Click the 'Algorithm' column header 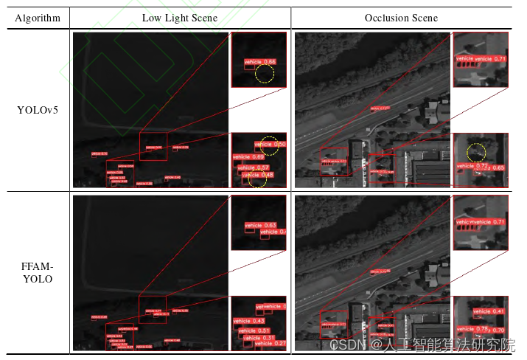(x=38, y=18)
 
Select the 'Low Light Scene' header (x=179, y=18)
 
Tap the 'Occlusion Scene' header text (x=401, y=18)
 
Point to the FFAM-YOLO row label (x=38, y=273)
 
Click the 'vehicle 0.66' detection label (x=259, y=61)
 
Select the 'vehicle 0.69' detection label (x=248, y=157)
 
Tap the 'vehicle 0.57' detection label (x=254, y=167)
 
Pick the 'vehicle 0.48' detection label (x=258, y=176)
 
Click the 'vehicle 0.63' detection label (x=260, y=225)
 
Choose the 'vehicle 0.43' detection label (x=248, y=322)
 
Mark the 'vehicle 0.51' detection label (x=254, y=330)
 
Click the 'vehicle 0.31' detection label (x=259, y=338)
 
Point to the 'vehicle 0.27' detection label (x=270, y=344)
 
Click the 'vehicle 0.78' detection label (x=472, y=328)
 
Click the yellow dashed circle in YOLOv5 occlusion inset (x=476, y=153)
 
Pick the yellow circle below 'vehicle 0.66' (x=264, y=74)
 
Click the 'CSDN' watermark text (x=343, y=344)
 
